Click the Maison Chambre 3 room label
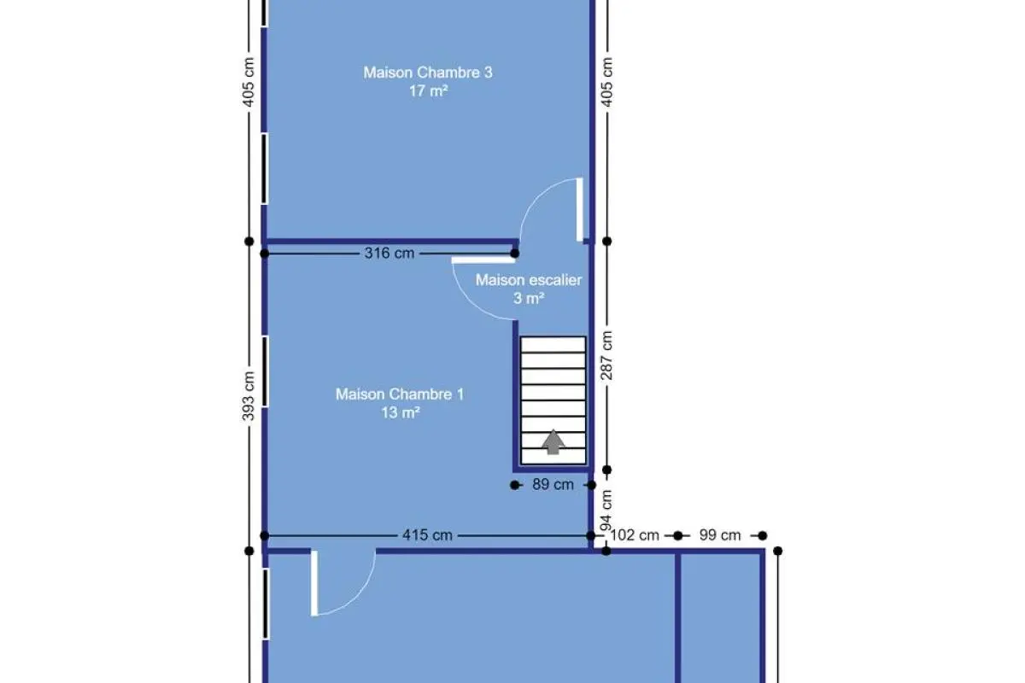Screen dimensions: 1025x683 tap(428, 73)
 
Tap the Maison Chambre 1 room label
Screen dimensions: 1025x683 tap(400, 394)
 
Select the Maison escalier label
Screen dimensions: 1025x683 tap(529, 279)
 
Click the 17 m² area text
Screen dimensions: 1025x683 tap(428, 91)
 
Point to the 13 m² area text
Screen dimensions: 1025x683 tap(401, 412)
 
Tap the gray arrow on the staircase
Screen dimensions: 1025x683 tap(553, 441)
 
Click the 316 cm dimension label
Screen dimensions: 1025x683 tap(389, 253)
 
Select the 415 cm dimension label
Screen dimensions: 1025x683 tap(427, 534)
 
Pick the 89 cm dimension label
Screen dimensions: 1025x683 tap(553, 484)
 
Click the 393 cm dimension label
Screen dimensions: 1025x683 tap(248, 395)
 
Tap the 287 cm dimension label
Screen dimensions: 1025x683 tap(606, 355)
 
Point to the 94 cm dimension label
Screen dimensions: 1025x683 tap(606, 510)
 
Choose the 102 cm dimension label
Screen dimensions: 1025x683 tap(635, 534)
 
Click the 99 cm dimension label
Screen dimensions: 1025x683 tap(720, 534)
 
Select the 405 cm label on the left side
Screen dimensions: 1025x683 tap(248, 82)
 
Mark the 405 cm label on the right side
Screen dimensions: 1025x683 tap(606, 82)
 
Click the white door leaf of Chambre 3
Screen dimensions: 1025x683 tap(579, 209)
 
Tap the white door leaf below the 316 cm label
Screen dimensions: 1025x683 tap(483, 260)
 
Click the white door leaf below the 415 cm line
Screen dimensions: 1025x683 tap(314, 583)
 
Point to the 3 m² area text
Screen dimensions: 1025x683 tap(529, 298)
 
